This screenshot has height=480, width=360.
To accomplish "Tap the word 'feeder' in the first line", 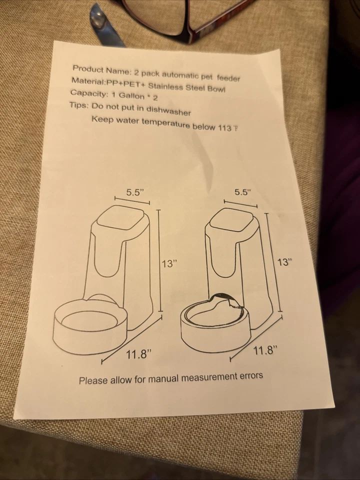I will (228, 78).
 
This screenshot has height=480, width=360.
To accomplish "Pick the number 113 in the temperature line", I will (224, 127).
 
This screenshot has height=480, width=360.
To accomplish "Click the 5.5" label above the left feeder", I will (135, 192).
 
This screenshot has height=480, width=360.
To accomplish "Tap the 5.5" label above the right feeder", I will (242, 192).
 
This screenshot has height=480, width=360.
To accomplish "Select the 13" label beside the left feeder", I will (170, 263).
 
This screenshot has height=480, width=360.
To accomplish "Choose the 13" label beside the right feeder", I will (284, 261).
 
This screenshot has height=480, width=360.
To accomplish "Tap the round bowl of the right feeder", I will (215, 320).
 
